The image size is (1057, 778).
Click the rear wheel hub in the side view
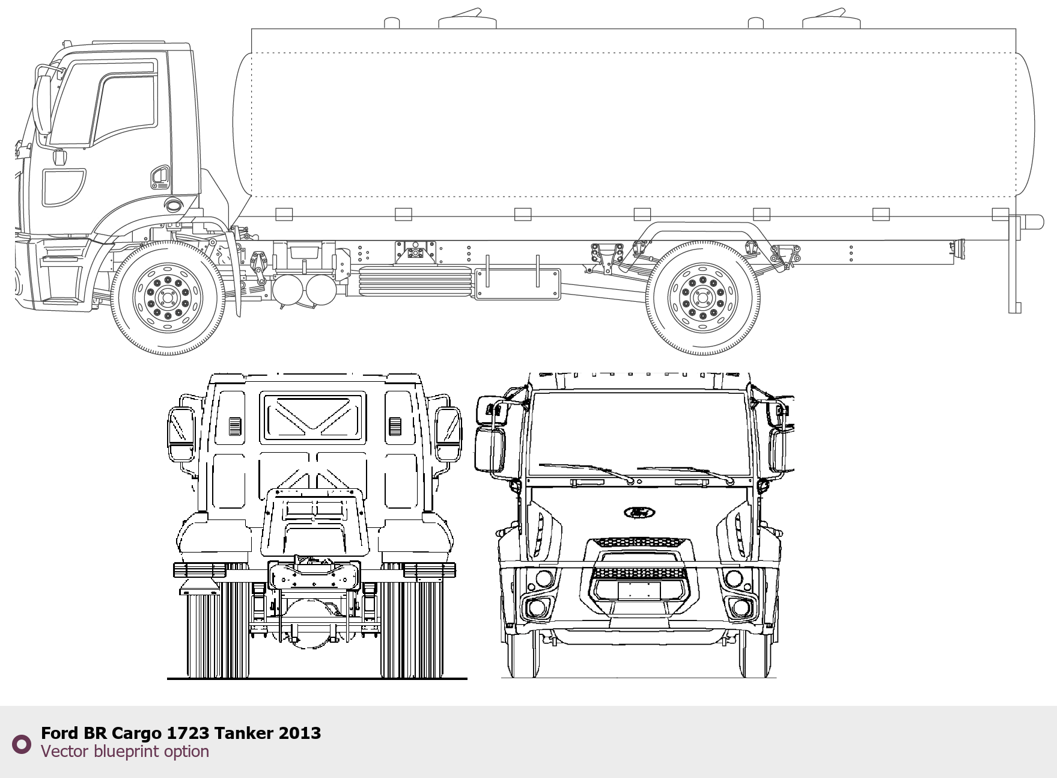point(702,298)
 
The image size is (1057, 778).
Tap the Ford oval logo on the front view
point(639,512)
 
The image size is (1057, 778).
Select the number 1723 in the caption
point(188,733)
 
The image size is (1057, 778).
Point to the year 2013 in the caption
point(300,733)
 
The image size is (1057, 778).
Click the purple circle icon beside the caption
point(22,744)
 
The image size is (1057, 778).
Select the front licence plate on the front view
point(639,590)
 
